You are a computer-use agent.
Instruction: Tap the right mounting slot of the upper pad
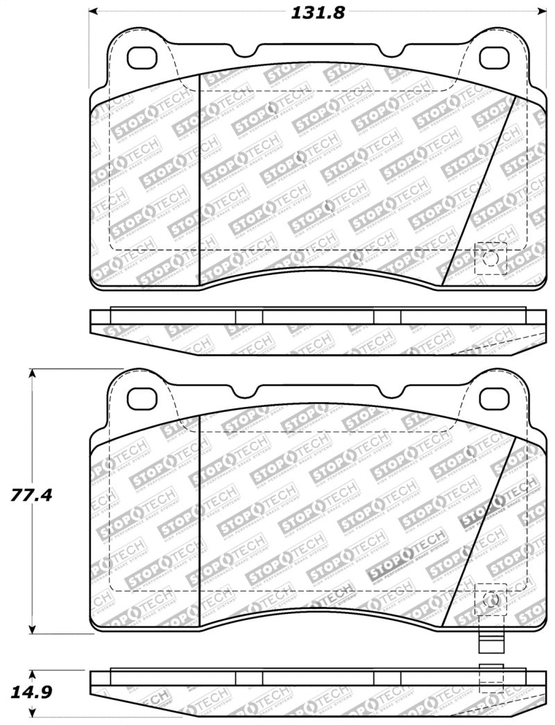coord(495,55)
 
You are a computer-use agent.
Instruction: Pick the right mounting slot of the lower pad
coord(495,397)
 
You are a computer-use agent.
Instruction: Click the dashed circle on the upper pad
coord(490,258)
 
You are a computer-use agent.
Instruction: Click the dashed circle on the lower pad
coord(490,599)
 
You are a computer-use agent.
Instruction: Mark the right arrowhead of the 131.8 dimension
coord(543,12)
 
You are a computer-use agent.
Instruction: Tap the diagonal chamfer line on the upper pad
coord(480,191)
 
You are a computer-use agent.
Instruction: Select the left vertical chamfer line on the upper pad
coord(200,177)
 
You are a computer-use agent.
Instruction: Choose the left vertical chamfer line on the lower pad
coord(200,521)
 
